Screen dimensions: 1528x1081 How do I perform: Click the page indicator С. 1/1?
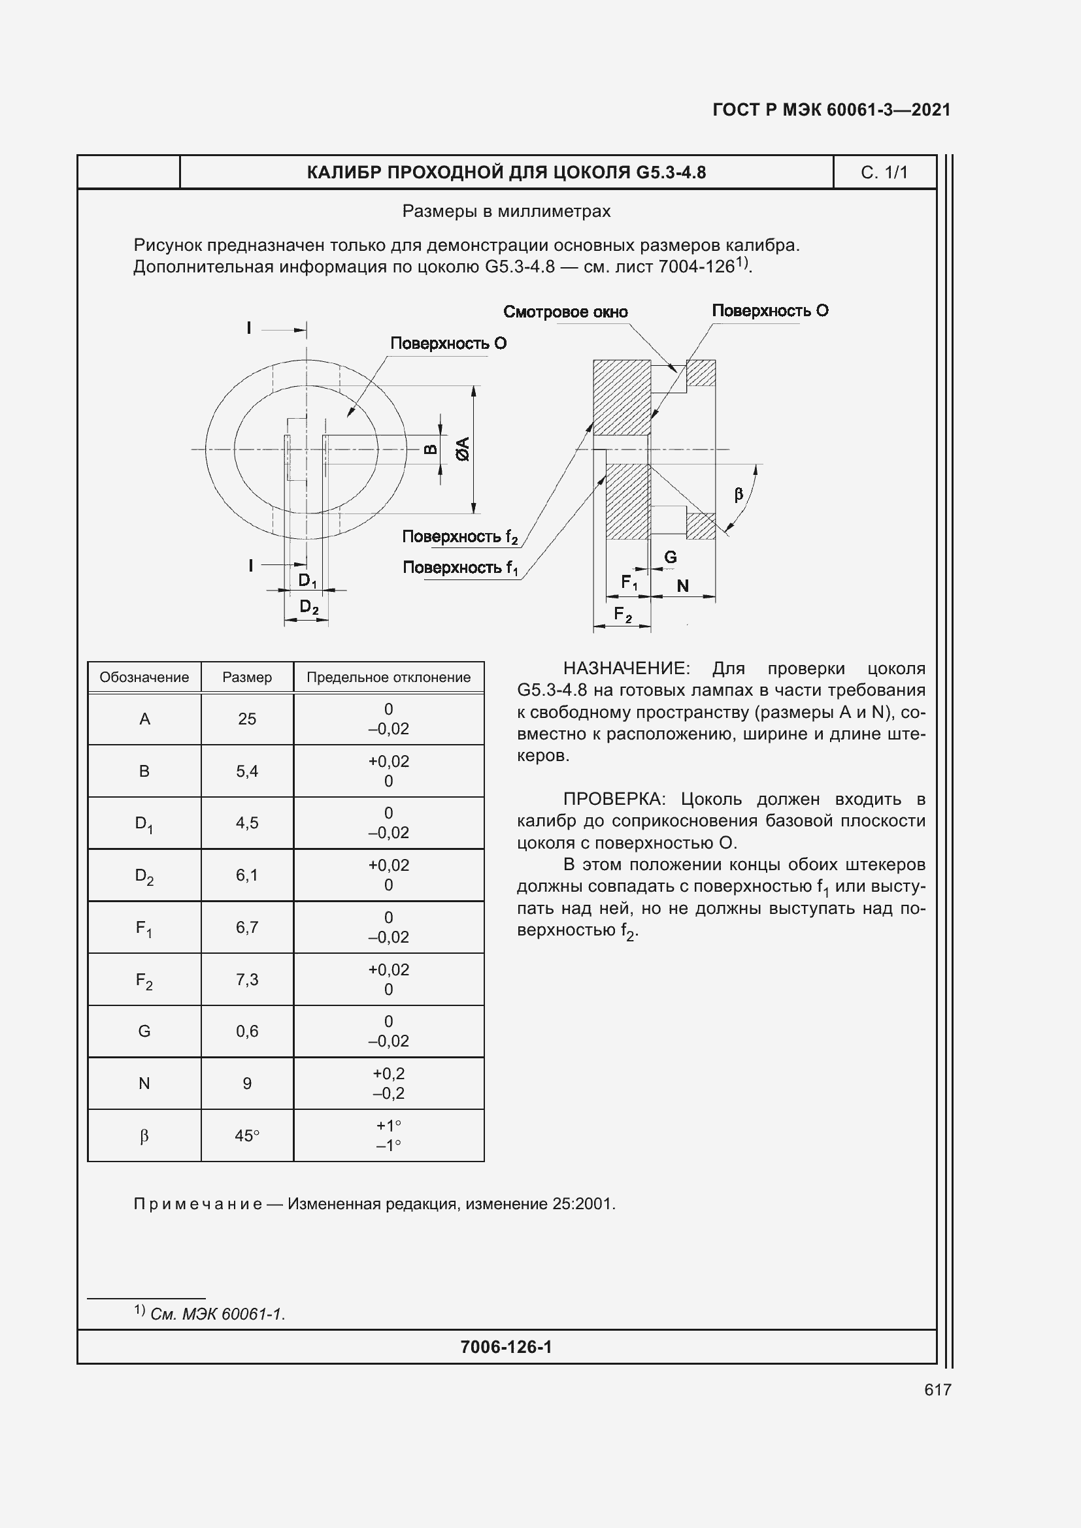pyautogui.click(x=884, y=172)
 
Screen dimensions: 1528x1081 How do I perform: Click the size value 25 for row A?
pyautogui.click(x=247, y=719)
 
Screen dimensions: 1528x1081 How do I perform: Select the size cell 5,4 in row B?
pyautogui.click(x=247, y=772)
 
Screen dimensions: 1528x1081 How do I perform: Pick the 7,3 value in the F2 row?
pyautogui.click(x=247, y=980)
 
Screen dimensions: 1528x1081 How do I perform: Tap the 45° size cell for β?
pyautogui.click(x=247, y=1136)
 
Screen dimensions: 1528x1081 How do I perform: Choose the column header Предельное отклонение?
pyautogui.click(x=388, y=677)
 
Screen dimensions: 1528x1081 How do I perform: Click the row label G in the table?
pyautogui.click(x=144, y=1031)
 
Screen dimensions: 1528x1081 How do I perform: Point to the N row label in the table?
pyautogui.click(x=144, y=1083)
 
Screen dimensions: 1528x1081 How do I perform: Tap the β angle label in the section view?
pyautogui.click(x=738, y=494)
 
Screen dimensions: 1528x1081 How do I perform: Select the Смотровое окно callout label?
pyautogui.click(x=565, y=312)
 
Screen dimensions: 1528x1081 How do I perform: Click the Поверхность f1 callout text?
pyautogui.click(x=460, y=568)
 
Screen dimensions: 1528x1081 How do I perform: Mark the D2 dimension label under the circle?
pyautogui.click(x=309, y=606)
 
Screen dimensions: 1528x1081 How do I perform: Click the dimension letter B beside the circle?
pyautogui.click(x=431, y=449)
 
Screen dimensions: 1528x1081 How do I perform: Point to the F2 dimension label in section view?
pyautogui.click(x=622, y=614)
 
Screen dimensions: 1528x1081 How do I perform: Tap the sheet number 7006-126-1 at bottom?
pyautogui.click(x=506, y=1347)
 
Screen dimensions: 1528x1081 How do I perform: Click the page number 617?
pyautogui.click(x=937, y=1390)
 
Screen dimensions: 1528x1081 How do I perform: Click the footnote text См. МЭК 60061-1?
pyautogui.click(x=217, y=1314)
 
